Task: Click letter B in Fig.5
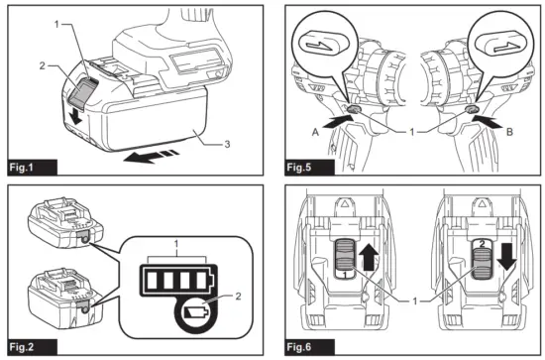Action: point(507,128)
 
